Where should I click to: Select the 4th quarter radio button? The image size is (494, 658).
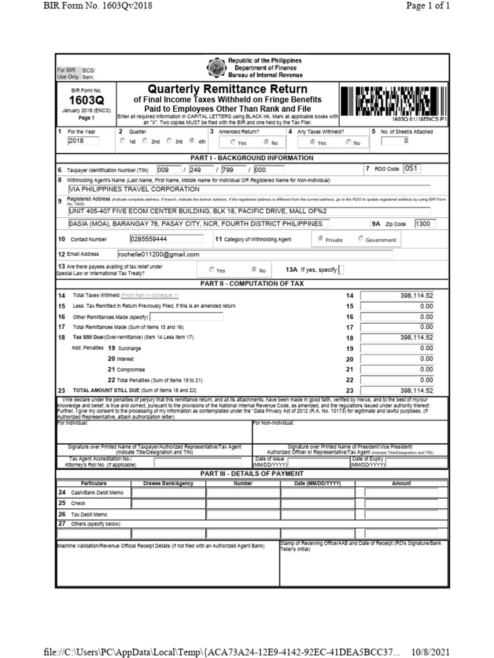point(192,141)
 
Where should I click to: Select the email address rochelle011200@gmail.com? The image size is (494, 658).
point(158,254)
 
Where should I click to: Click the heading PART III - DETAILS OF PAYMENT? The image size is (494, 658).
point(248,474)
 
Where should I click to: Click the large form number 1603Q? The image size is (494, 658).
point(86,100)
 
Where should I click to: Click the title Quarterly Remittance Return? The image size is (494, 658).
point(228,89)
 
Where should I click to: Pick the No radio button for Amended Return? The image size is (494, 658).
point(266,142)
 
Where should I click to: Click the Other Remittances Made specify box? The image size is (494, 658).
point(187,317)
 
